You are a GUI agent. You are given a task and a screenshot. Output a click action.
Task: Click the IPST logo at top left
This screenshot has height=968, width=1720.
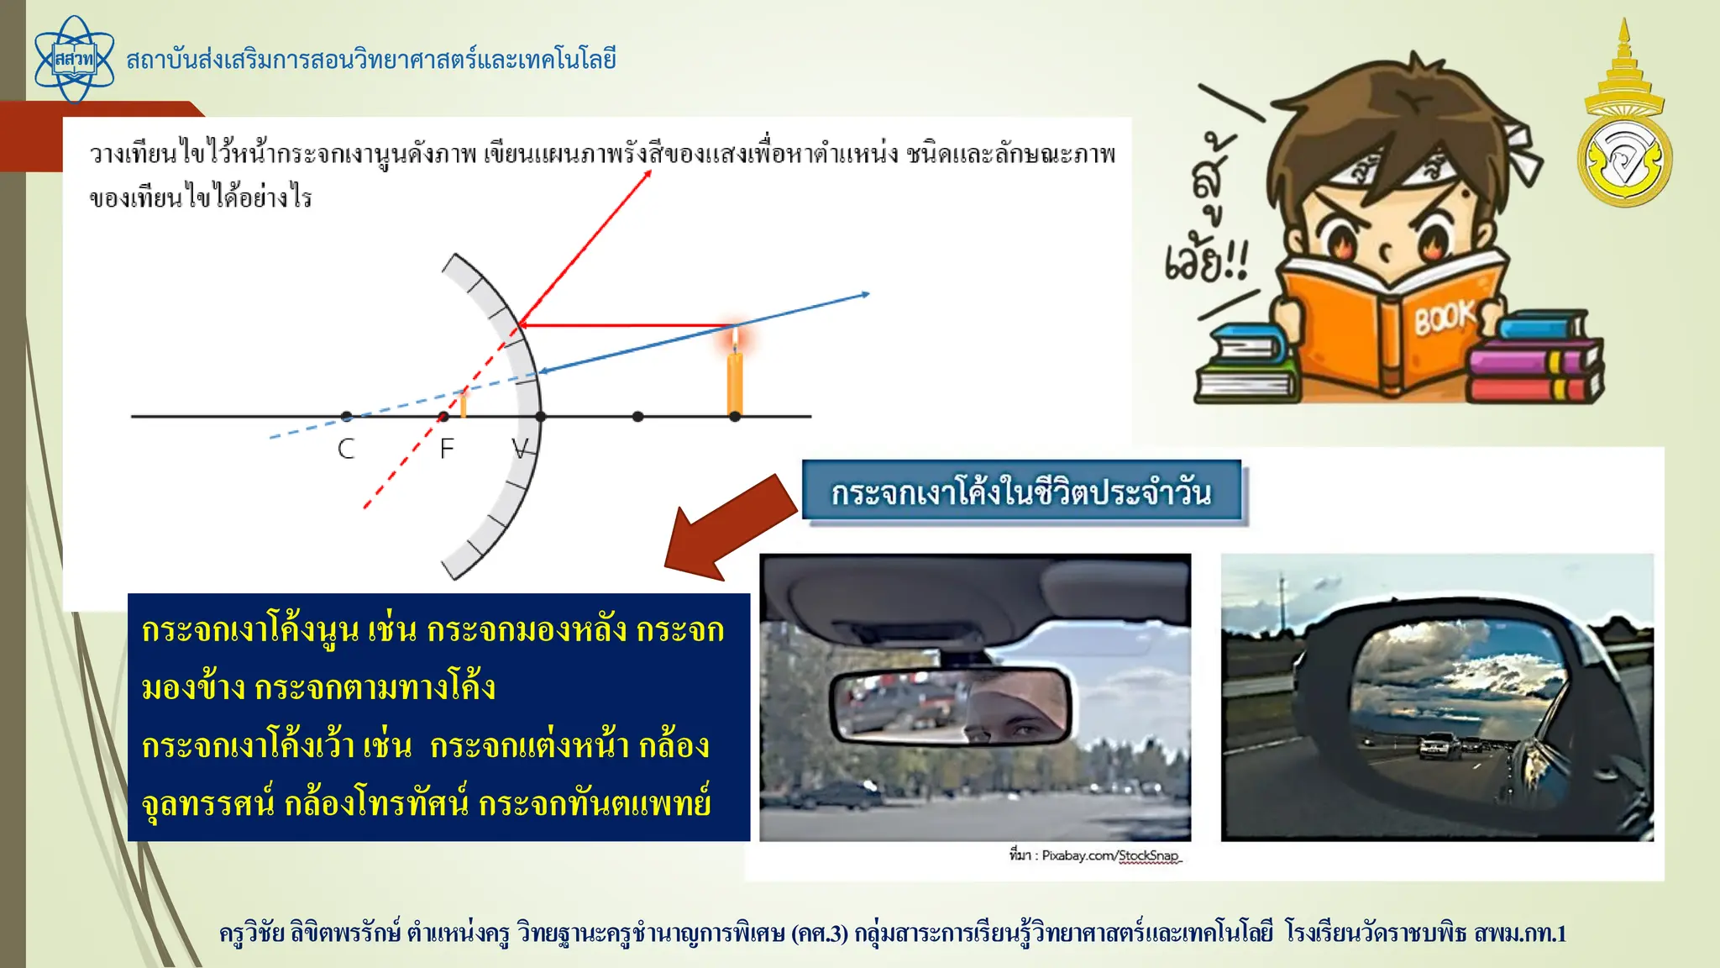(x=74, y=60)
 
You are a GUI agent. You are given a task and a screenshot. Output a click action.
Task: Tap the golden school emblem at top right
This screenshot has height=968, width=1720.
(x=1624, y=126)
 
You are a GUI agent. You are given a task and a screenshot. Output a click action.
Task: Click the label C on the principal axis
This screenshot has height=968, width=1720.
(x=346, y=449)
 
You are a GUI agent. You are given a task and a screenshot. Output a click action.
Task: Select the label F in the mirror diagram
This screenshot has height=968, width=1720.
(x=447, y=449)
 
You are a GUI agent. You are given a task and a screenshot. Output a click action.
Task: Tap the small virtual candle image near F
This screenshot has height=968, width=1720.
(x=463, y=403)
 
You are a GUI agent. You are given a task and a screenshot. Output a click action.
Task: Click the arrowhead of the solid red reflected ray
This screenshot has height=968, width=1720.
(x=648, y=174)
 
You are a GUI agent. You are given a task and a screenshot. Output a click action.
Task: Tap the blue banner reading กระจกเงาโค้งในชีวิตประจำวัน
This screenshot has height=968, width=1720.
(x=1021, y=492)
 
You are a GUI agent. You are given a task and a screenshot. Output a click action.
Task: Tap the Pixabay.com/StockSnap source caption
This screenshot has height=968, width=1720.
(x=1095, y=855)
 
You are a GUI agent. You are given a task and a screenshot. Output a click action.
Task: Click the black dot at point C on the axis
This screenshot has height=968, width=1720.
(x=347, y=417)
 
